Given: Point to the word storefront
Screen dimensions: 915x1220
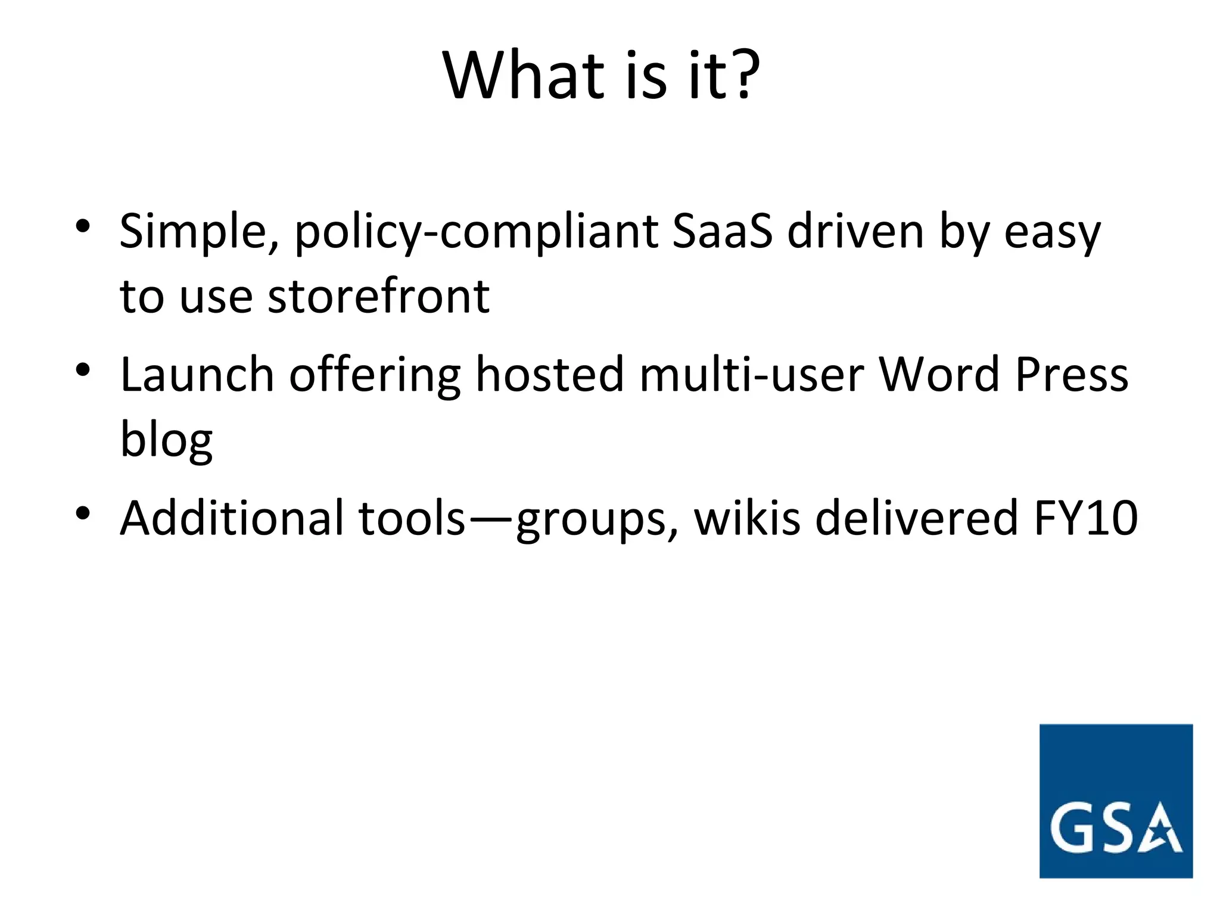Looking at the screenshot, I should click(378, 296).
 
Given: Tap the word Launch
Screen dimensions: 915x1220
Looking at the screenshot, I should click(197, 375).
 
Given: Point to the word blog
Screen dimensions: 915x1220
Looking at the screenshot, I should click(166, 441).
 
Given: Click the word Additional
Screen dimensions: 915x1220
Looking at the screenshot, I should click(232, 518).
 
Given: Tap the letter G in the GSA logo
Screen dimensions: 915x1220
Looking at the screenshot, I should click(1072, 828).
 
